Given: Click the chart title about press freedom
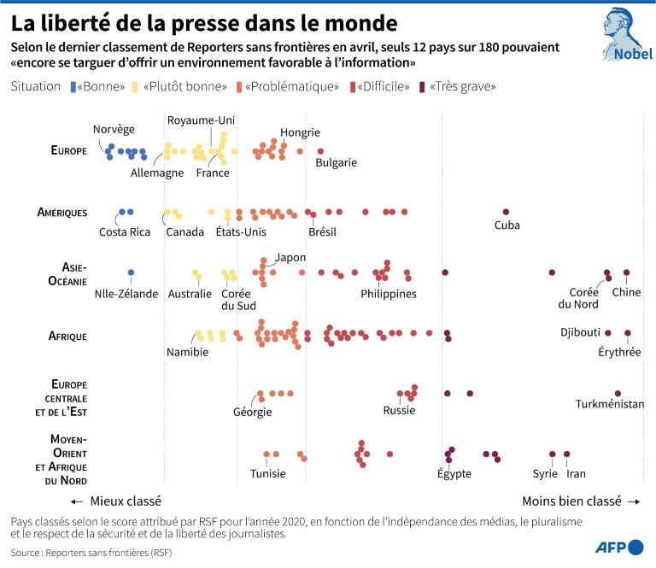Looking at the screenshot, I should pos(204,20).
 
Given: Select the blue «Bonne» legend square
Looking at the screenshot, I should pos(73,86).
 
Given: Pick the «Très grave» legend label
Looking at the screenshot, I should pos(462,86).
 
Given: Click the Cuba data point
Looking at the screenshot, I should pos(506,212).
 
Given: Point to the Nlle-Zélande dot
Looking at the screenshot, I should pos(131,273).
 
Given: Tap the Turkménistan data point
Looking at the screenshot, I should pos(617,394).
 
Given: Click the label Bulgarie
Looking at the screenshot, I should pos(336,162).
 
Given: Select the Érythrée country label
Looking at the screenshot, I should pos(620,351).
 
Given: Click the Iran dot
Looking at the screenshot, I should pos(566,454).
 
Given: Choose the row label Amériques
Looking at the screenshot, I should pos(61,212).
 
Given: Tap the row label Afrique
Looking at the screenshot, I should pos(67,336).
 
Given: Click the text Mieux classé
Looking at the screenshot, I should pos(126,501).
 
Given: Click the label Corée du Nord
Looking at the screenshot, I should pos(578,298).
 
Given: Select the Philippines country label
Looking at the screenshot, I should pos(389,294).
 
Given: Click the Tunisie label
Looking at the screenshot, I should pos(267,474).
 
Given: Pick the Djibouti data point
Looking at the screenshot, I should pos(608,332).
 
